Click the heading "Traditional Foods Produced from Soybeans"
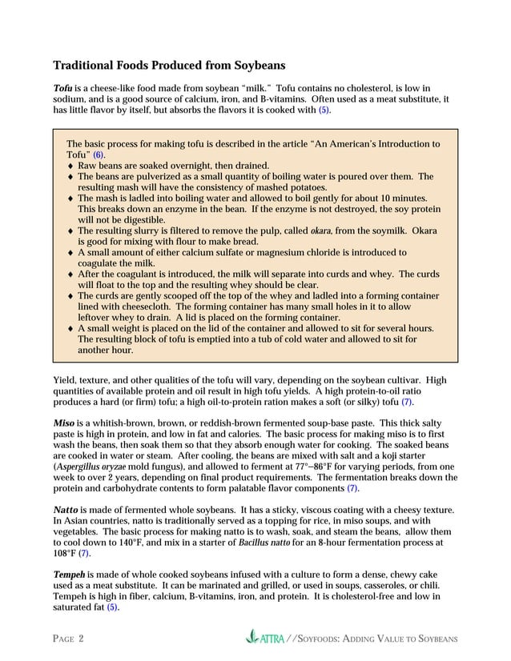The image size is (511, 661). point(168,65)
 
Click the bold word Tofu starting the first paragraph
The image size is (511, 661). point(63,88)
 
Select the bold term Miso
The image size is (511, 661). point(64,423)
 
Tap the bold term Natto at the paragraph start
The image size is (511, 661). point(66,509)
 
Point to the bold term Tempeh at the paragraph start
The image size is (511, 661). point(70,575)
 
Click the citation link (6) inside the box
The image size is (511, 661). point(99,154)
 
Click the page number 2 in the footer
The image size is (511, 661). point(81,639)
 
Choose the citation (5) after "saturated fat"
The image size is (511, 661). point(113,607)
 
